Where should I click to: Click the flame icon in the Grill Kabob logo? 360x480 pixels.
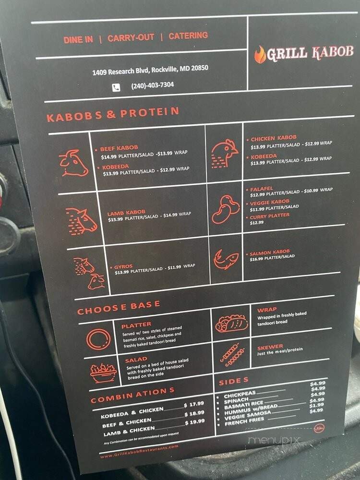[260, 55]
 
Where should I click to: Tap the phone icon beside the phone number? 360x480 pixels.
[116, 87]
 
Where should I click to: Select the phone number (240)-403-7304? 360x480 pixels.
[152, 85]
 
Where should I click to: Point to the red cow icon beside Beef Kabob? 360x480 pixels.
[73, 163]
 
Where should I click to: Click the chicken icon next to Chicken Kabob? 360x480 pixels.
[224, 153]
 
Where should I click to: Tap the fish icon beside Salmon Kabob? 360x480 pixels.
[226, 260]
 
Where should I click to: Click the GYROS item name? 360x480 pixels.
[123, 266]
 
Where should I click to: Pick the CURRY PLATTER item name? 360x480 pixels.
[269, 216]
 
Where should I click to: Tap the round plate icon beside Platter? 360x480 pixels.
[98, 338]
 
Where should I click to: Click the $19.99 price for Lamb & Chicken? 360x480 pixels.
[197, 421]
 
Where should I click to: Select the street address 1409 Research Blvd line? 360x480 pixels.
[150, 70]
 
